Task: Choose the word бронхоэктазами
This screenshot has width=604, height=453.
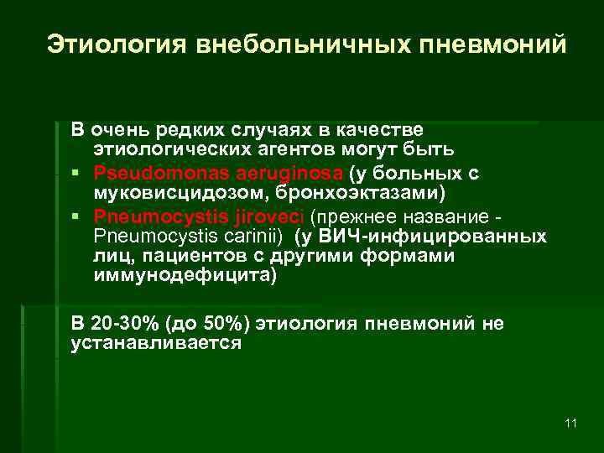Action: (327, 194)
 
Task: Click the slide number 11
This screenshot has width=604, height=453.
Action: (570, 423)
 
